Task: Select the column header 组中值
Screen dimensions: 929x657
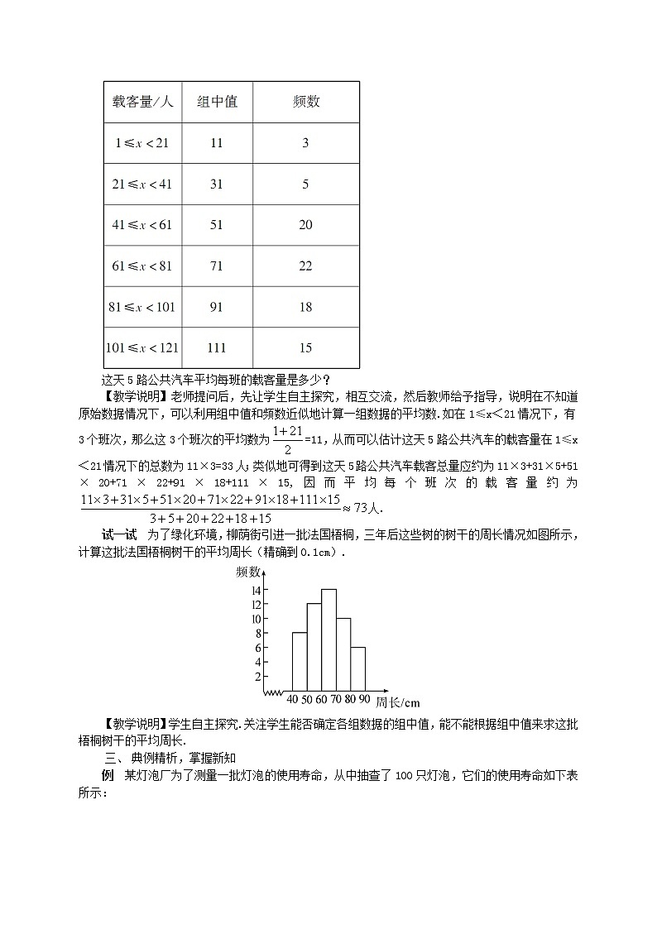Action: pyautogui.click(x=217, y=102)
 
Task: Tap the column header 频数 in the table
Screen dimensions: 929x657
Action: pyautogui.click(x=305, y=102)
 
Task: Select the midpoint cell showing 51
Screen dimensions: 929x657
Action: pyautogui.click(x=217, y=225)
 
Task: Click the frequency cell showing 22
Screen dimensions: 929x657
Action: pyautogui.click(x=305, y=266)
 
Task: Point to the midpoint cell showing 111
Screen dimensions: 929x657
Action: pyautogui.click(x=217, y=348)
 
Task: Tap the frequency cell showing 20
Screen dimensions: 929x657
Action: pyautogui.click(x=305, y=225)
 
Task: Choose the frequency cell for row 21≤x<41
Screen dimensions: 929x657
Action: pyautogui.click(x=305, y=184)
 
